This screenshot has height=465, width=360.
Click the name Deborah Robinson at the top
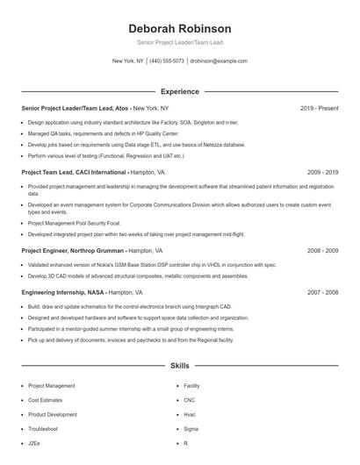coord(179,28)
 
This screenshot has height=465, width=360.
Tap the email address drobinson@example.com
coord(219,61)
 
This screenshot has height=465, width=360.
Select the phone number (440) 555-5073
coord(166,61)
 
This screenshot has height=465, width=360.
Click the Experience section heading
coord(179,91)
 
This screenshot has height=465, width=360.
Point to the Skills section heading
coord(179,364)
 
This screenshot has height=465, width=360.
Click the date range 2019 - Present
coord(319,108)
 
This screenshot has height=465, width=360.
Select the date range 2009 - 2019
coord(322,173)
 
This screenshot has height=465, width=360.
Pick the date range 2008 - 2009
coord(322,250)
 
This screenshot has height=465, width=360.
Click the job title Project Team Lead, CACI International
coord(75,173)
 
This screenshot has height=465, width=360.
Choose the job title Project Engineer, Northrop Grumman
coord(75,250)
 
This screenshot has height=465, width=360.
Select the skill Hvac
coord(191,414)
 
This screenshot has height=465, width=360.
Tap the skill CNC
coord(191,400)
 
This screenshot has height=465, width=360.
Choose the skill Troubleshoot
coord(43,428)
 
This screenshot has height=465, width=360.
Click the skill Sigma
coord(191,428)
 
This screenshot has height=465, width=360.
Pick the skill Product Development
coord(53,414)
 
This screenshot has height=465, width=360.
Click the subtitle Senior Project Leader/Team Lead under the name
coord(179,42)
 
